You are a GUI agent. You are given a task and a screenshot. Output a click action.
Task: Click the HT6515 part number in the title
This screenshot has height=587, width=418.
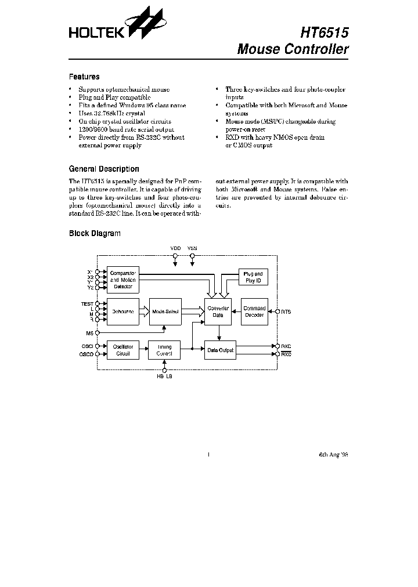(x=325, y=32)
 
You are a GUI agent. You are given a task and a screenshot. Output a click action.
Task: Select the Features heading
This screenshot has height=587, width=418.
(x=84, y=77)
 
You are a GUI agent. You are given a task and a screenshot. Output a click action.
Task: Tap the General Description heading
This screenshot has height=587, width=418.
(x=104, y=169)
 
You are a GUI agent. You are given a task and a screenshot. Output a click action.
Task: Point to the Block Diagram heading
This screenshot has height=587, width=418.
(x=95, y=233)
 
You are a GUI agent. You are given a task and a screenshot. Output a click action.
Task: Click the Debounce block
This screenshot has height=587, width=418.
(x=122, y=312)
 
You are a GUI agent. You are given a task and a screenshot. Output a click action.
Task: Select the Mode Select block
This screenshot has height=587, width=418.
(x=165, y=312)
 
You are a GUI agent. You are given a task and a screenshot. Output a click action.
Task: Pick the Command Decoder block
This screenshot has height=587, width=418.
(x=254, y=312)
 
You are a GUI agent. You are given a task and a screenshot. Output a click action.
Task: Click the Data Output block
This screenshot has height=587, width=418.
(x=220, y=350)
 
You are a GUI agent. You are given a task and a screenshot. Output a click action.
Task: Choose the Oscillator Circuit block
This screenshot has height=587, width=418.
(x=122, y=350)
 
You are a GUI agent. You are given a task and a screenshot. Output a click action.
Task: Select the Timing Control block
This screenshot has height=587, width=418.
(x=164, y=350)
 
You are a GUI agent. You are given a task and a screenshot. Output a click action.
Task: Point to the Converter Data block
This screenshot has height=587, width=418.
(x=217, y=312)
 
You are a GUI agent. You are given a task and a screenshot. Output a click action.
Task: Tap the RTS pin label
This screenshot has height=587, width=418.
(x=286, y=312)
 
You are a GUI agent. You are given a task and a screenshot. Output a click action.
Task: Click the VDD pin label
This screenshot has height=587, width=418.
(x=175, y=248)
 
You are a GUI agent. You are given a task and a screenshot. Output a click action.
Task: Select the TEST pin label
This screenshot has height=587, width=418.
(x=87, y=303)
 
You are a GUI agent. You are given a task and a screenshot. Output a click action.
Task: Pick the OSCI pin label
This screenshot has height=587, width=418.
(x=87, y=346)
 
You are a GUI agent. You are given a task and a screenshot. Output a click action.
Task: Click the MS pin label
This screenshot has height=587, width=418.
(x=89, y=333)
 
